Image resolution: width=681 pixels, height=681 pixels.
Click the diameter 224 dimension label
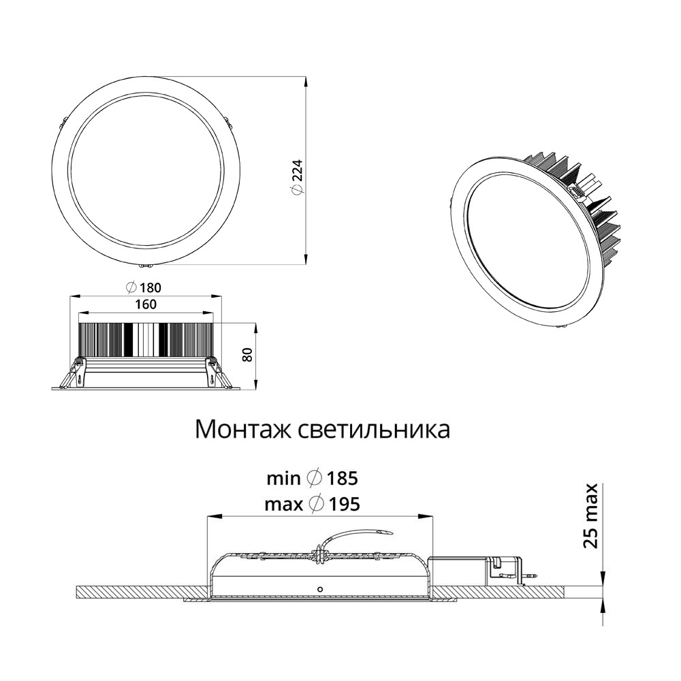(x=297, y=177)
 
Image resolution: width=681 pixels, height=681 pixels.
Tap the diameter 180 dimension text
(x=143, y=287)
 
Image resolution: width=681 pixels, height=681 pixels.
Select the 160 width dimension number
(x=146, y=304)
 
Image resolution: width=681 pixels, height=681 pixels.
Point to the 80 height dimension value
(x=247, y=355)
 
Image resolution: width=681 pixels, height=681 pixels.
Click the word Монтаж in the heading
(x=244, y=429)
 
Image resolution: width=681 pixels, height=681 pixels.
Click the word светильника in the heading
(x=375, y=429)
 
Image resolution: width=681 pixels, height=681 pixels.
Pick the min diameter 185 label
(x=313, y=478)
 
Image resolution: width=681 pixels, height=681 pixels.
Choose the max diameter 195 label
(x=313, y=504)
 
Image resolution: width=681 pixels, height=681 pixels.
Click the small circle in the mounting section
(x=320, y=589)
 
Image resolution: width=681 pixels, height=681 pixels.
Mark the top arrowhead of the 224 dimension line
(x=306, y=82)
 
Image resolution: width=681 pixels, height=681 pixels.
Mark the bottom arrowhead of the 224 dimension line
(x=306, y=259)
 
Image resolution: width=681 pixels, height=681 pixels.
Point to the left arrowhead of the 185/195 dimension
(x=212, y=516)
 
